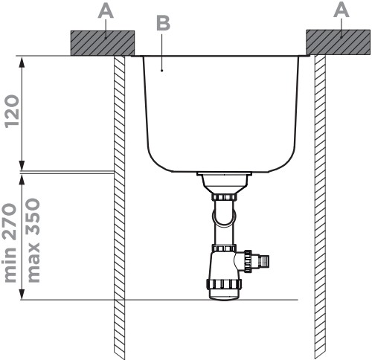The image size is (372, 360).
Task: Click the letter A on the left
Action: (106, 11)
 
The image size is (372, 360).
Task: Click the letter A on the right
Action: (341, 10)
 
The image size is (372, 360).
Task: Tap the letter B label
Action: (164, 23)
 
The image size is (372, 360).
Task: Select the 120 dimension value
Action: (13, 112)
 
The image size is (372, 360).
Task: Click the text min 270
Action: (11, 243)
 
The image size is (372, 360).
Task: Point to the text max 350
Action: (33, 240)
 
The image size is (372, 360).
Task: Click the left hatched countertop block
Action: (103, 43)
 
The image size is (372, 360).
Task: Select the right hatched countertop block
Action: (339, 42)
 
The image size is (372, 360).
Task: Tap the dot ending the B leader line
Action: (162, 71)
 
